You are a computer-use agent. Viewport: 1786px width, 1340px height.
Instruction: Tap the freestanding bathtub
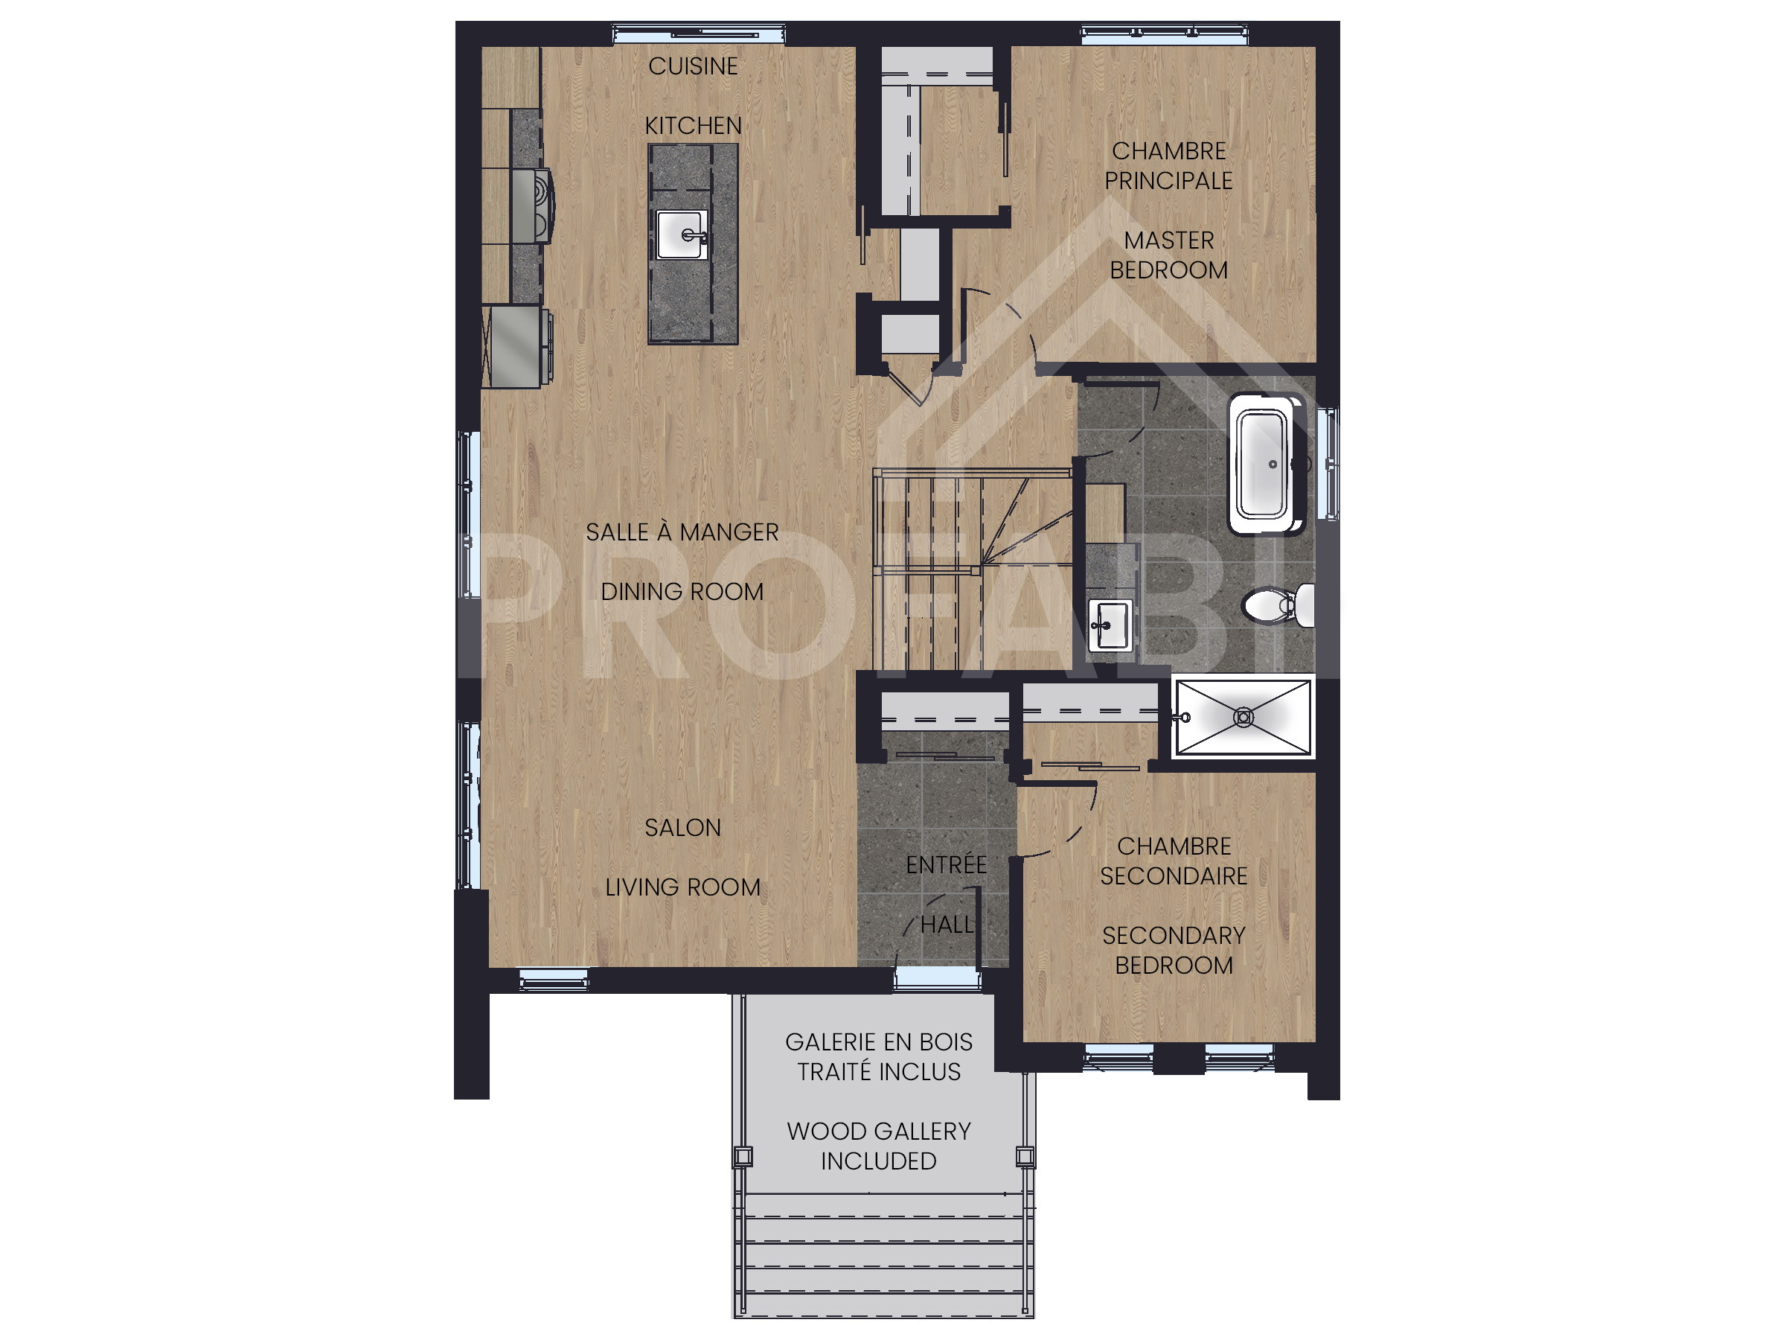pyautogui.click(x=1265, y=465)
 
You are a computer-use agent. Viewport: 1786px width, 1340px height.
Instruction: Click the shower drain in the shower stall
pyautogui.click(x=1244, y=716)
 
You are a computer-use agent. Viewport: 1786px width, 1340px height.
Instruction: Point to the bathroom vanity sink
pyautogui.click(x=1109, y=625)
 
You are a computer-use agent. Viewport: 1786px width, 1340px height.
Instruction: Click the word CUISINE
pyautogui.click(x=693, y=66)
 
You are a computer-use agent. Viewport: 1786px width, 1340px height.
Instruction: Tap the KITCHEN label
pyautogui.click(x=693, y=126)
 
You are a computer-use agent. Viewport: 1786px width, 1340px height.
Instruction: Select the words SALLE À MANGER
pyautogui.click(x=682, y=532)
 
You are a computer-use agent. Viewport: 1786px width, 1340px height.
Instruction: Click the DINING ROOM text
pyautogui.click(x=682, y=592)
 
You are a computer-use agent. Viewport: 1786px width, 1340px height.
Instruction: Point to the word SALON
pyautogui.click(x=682, y=828)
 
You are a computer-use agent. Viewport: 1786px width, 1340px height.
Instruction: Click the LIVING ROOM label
pyautogui.click(x=682, y=887)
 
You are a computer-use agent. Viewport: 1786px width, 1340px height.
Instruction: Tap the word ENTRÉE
pyautogui.click(x=946, y=865)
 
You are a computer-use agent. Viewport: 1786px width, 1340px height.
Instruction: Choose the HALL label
pyautogui.click(x=947, y=925)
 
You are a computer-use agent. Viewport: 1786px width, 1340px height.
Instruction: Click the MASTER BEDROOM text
pyautogui.click(x=1168, y=255)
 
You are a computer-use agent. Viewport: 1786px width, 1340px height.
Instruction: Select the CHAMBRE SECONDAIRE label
pyautogui.click(x=1173, y=861)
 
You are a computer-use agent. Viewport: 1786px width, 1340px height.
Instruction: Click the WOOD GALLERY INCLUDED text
pyautogui.click(x=878, y=1146)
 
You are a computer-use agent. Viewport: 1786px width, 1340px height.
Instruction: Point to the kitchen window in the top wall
pyautogui.click(x=699, y=34)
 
